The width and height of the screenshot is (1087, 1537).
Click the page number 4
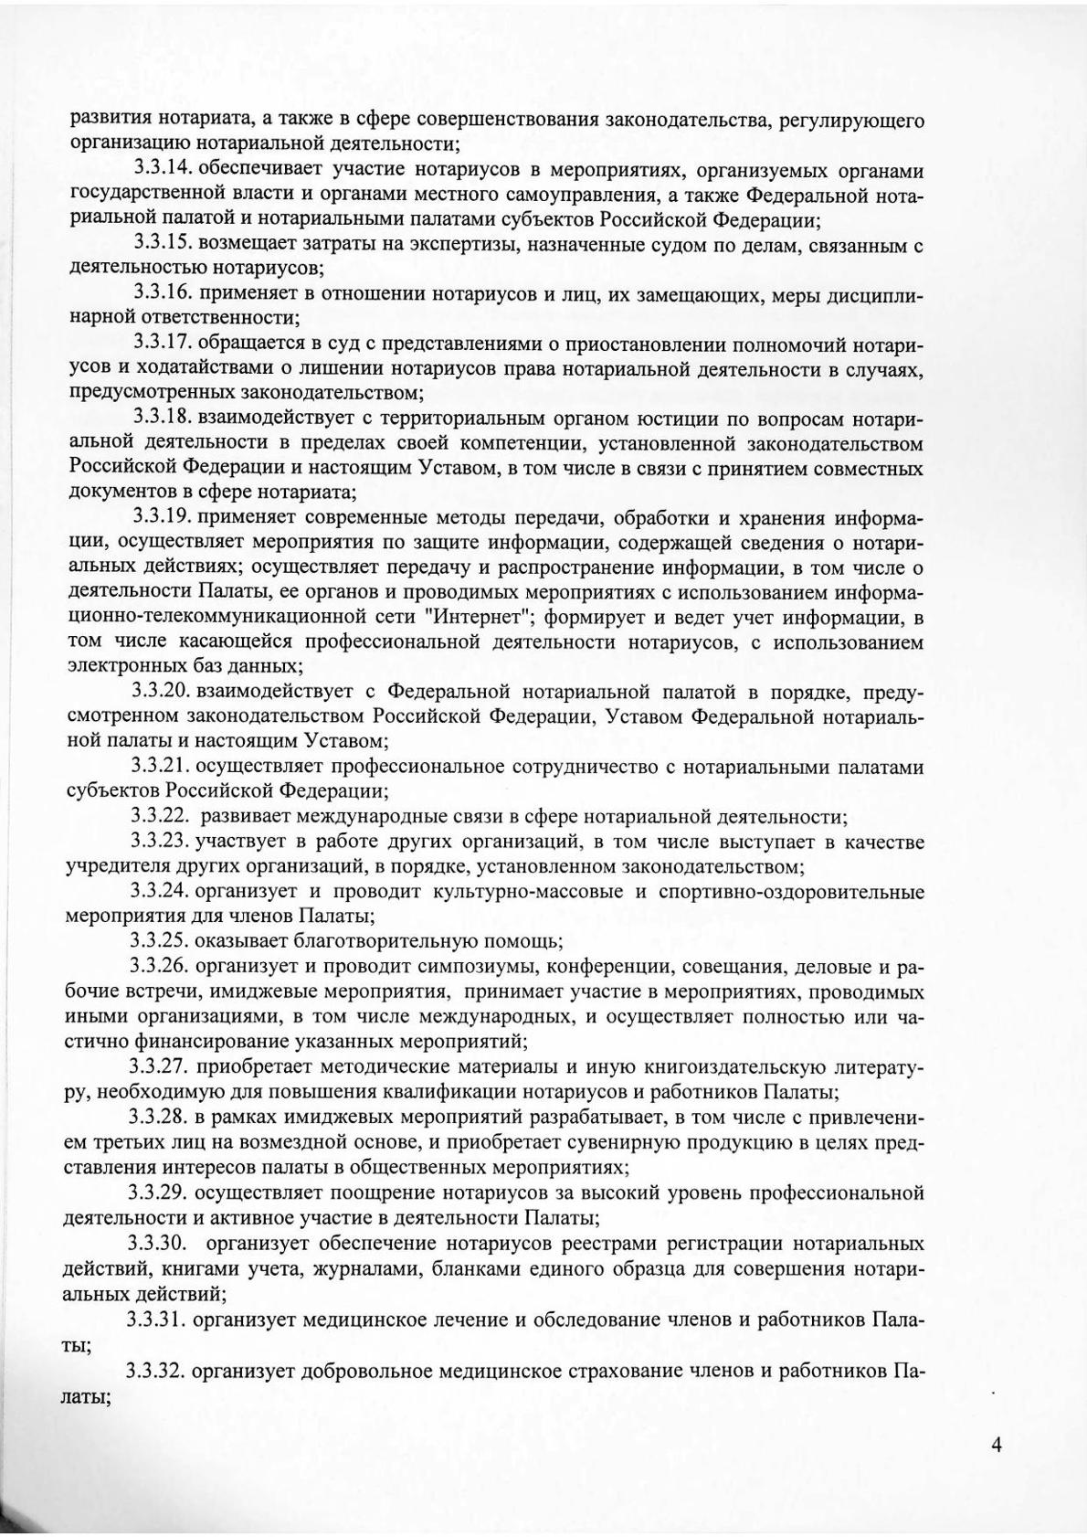[996, 1445]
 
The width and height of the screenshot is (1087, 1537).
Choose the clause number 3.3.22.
[162, 816]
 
